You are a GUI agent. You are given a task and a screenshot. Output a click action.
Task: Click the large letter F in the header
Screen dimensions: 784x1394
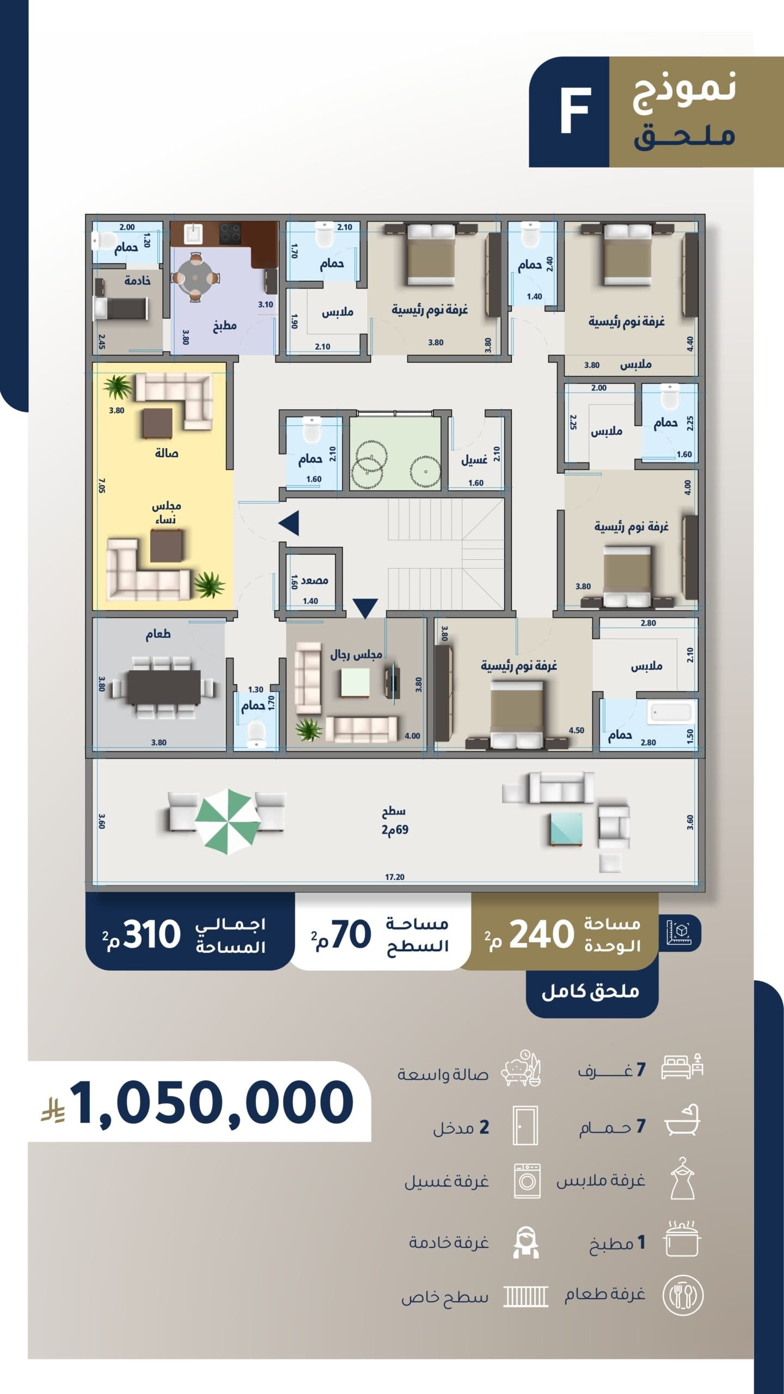(575, 112)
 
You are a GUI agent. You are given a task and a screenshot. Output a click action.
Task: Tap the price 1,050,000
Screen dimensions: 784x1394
(212, 1103)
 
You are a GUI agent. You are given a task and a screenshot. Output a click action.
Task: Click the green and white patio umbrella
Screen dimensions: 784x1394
(227, 822)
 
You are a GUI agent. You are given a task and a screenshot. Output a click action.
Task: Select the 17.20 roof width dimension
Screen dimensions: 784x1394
(395, 877)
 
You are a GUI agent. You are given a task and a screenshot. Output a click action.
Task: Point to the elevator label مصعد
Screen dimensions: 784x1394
(314, 580)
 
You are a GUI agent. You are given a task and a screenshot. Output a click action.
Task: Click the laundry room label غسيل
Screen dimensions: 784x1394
(474, 460)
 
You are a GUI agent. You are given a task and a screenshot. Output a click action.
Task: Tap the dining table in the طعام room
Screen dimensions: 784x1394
(164, 687)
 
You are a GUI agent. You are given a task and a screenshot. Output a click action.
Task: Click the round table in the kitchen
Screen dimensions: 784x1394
(195, 277)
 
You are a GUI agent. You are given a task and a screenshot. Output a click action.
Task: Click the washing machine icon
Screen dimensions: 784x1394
(527, 1181)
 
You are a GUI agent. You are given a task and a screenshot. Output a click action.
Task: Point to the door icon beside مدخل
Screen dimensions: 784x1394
(525, 1125)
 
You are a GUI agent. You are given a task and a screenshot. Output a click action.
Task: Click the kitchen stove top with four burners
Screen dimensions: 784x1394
(230, 233)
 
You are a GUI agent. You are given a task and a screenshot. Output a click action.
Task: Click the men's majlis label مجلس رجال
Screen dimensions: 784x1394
(356, 655)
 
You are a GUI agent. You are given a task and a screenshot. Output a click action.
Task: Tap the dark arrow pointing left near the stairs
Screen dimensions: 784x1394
(289, 523)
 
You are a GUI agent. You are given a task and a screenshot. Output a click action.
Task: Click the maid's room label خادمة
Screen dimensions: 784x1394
(137, 280)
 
